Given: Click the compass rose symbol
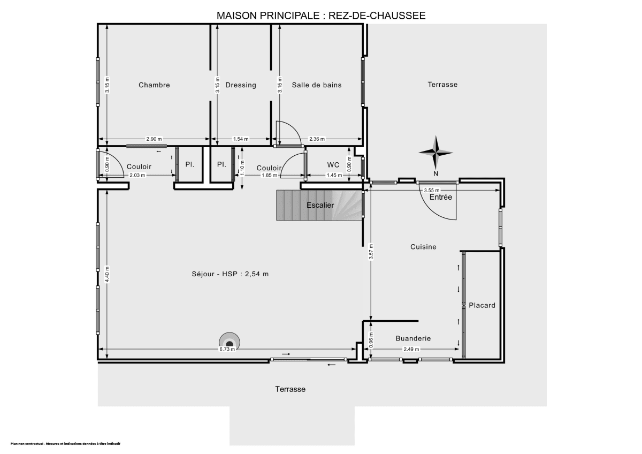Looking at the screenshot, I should point(436,152).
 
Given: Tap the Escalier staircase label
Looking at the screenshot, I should point(320,205).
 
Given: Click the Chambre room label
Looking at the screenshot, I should point(154,85).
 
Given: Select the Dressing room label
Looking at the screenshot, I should point(241,85).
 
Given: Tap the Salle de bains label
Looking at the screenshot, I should point(317,85).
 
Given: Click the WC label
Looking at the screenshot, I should point(333,165).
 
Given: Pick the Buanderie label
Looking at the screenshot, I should point(413,338).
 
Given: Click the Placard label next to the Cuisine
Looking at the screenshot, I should point(481,305).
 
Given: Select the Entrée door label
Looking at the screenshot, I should point(441,198).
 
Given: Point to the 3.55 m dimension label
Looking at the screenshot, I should point(431,190).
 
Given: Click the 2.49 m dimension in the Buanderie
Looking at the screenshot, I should point(411,349).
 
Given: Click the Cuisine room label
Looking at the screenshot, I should point(423,247).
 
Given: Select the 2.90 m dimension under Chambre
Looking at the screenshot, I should point(154,139).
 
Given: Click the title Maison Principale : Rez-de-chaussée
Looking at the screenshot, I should point(321,16).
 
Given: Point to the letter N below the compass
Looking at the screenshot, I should point(435,173).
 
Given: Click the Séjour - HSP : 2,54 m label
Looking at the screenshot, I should point(230,274).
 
